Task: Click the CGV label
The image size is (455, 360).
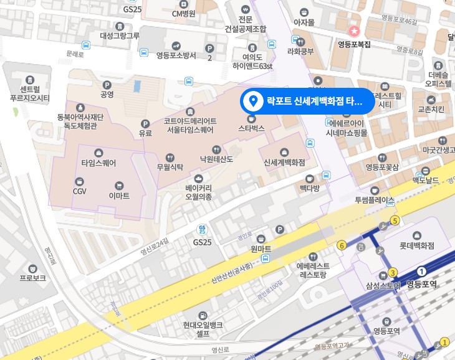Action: coord(79,191)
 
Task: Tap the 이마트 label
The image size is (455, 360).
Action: coord(118,196)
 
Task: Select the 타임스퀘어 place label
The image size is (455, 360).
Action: coord(98,163)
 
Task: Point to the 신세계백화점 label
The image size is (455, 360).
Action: coord(284,162)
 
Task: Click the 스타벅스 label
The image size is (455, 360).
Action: coord(252,128)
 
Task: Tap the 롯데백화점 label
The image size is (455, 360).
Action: coord(416,245)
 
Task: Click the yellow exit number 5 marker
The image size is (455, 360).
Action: coord(395,220)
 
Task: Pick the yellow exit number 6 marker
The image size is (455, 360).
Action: coord(342,245)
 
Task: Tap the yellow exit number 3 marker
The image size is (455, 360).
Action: coord(393,273)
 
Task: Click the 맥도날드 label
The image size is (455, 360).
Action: coord(426,180)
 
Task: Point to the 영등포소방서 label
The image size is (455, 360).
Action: coord(176,55)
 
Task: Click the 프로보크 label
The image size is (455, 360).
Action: coord(32,278)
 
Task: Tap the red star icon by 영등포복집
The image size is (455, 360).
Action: coord(354,31)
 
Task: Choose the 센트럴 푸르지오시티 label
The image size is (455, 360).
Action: coord(30,93)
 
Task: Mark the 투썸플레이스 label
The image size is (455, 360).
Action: coord(375,200)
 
